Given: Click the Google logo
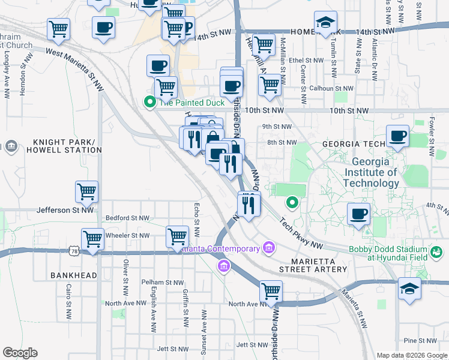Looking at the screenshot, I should [x=20, y=353].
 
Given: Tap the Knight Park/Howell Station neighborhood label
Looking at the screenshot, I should [x=62, y=145].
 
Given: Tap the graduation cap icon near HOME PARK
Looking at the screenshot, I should [x=326, y=24].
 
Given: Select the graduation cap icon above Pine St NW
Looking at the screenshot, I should [x=410, y=289].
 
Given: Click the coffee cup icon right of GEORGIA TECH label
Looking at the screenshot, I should [x=397, y=136].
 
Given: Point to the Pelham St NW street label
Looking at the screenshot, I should [x=162, y=282].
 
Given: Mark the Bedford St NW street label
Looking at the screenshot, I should [x=125, y=218].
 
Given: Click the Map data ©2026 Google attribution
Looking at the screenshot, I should [x=412, y=355].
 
